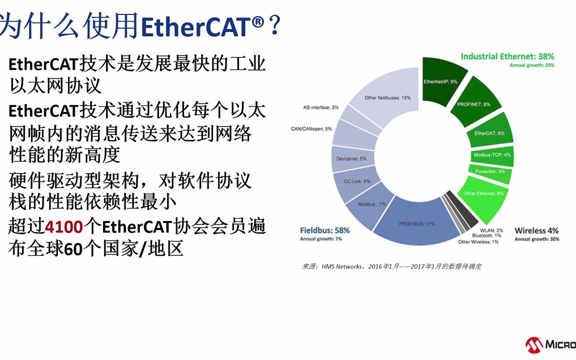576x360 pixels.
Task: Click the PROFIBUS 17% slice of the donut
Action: [410, 223]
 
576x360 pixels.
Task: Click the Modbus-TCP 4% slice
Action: [492, 155]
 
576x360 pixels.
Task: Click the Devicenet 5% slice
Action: [355, 158]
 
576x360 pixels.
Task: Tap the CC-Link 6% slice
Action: [359, 181]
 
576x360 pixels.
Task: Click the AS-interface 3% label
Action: [320, 107]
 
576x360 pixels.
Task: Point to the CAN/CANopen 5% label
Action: [311, 128]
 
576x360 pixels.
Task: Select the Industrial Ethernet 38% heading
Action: [507, 56]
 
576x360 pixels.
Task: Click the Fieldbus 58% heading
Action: [324, 230]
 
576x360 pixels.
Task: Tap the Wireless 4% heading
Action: [536, 230]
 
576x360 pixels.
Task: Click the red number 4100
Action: [63, 227]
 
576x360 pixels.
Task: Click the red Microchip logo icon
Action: [534, 344]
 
